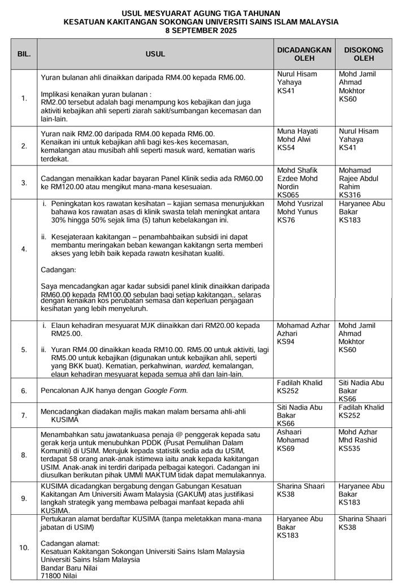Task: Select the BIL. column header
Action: (24, 54)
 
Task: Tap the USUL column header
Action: (155, 54)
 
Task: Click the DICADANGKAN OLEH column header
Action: (304, 54)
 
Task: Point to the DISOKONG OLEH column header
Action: (363, 54)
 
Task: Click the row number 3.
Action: (24, 182)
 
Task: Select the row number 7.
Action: (24, 415)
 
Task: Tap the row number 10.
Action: (24, 547)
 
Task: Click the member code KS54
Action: (287, 148)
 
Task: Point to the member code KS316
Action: (348, 195)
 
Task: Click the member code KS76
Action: (287, 220)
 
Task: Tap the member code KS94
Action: (287, 342)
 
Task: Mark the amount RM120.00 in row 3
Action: (64, 186)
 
